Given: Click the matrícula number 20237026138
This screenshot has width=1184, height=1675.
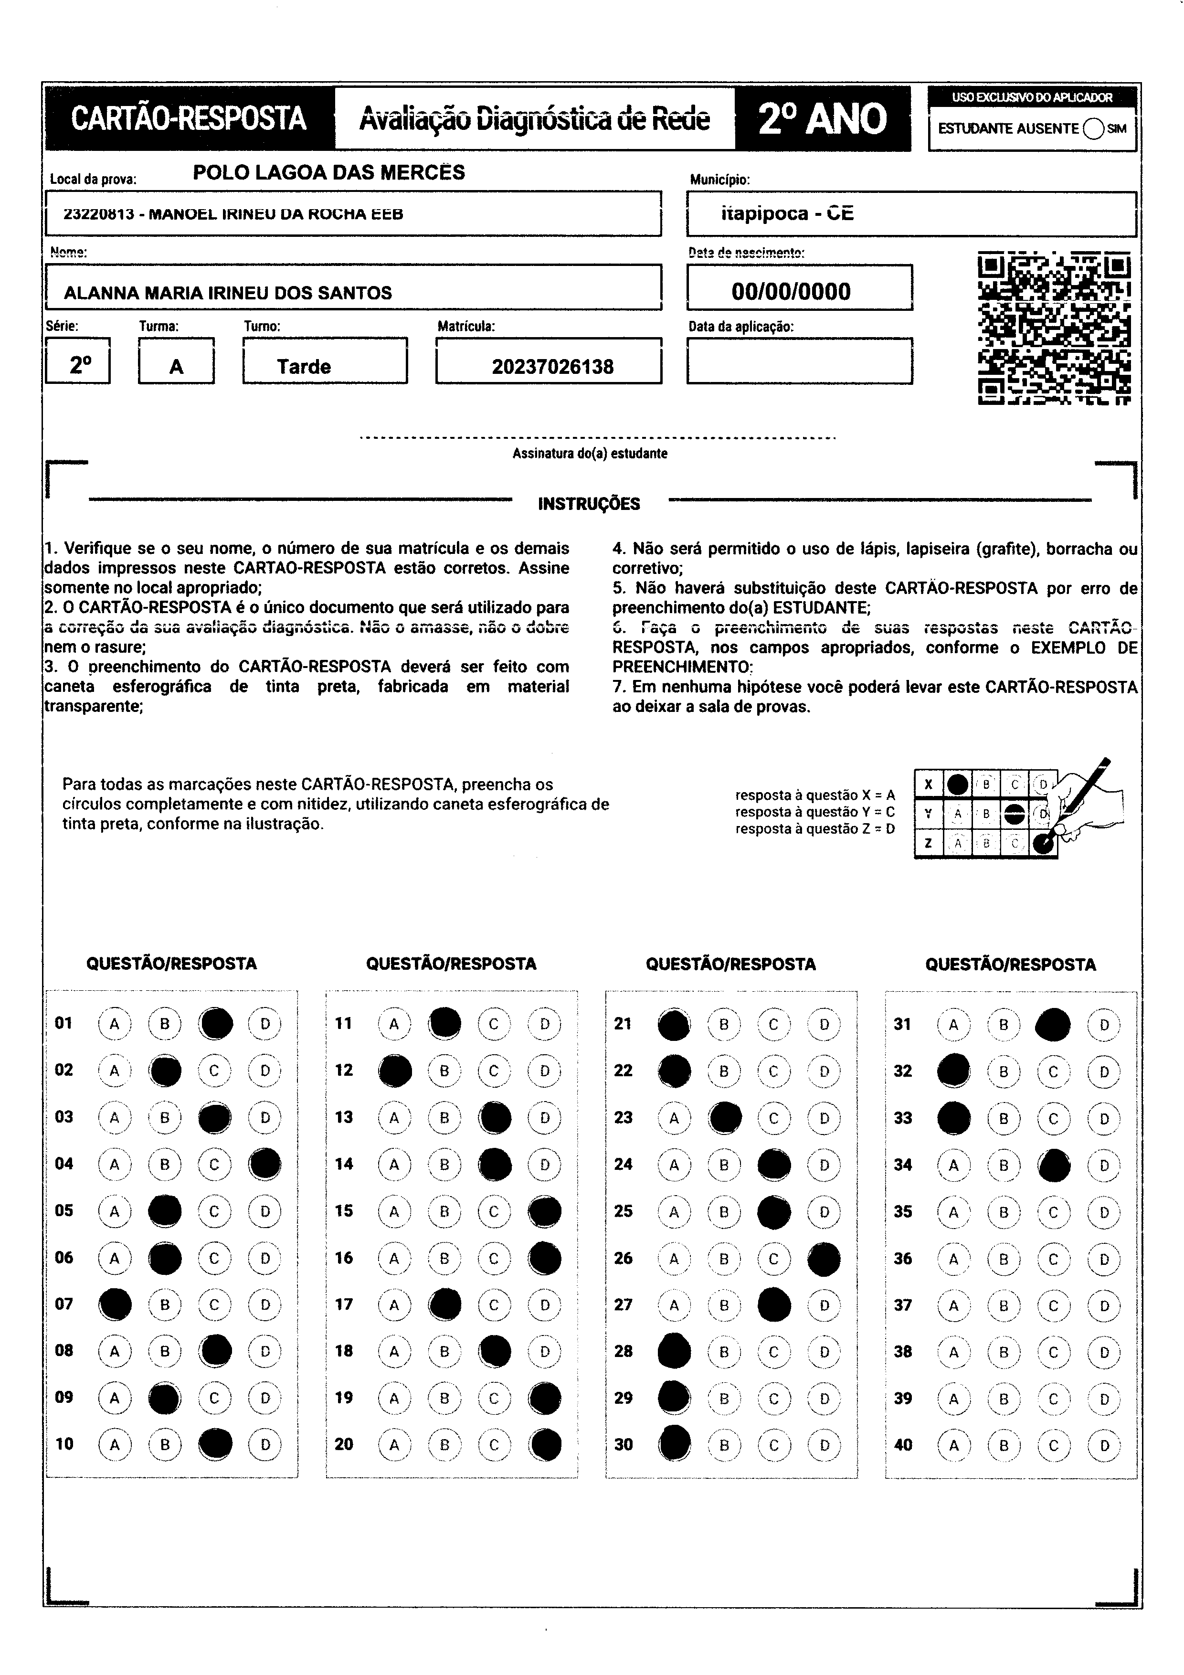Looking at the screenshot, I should pyautogui.click(x=552, y=366).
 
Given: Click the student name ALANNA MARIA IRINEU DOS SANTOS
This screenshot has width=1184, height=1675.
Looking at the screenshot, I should pyautogui.click(x=228, y=293).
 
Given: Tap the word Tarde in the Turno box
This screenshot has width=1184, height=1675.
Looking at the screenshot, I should pyautogui.click(x=304, y=366).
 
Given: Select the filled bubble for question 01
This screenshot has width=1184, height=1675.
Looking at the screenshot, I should pyautogui.click(x=216, y=1024).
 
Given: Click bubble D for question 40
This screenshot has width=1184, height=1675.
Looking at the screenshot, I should pyautogui.click(x=1104, y=1445).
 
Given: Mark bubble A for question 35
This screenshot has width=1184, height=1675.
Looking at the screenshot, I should pyautogui.click(x=953, y=1212).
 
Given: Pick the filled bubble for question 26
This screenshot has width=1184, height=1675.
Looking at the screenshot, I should pyautogui.click(x=825, y=1259).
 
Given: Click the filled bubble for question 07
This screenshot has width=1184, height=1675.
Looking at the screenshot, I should pyautogui.click(x=115, y=1304).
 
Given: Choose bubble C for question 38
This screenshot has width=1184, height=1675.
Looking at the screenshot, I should pyautogui.click(x=1053, y=1352).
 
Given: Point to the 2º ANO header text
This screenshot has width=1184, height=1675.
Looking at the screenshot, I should pyautogui.click(x=822, y=119).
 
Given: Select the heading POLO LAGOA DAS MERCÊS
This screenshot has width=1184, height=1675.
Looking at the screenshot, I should pyautogui.click(x=329, y=173).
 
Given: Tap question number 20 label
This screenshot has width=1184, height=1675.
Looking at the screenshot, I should pyautogui.click(x=344, y=1444).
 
